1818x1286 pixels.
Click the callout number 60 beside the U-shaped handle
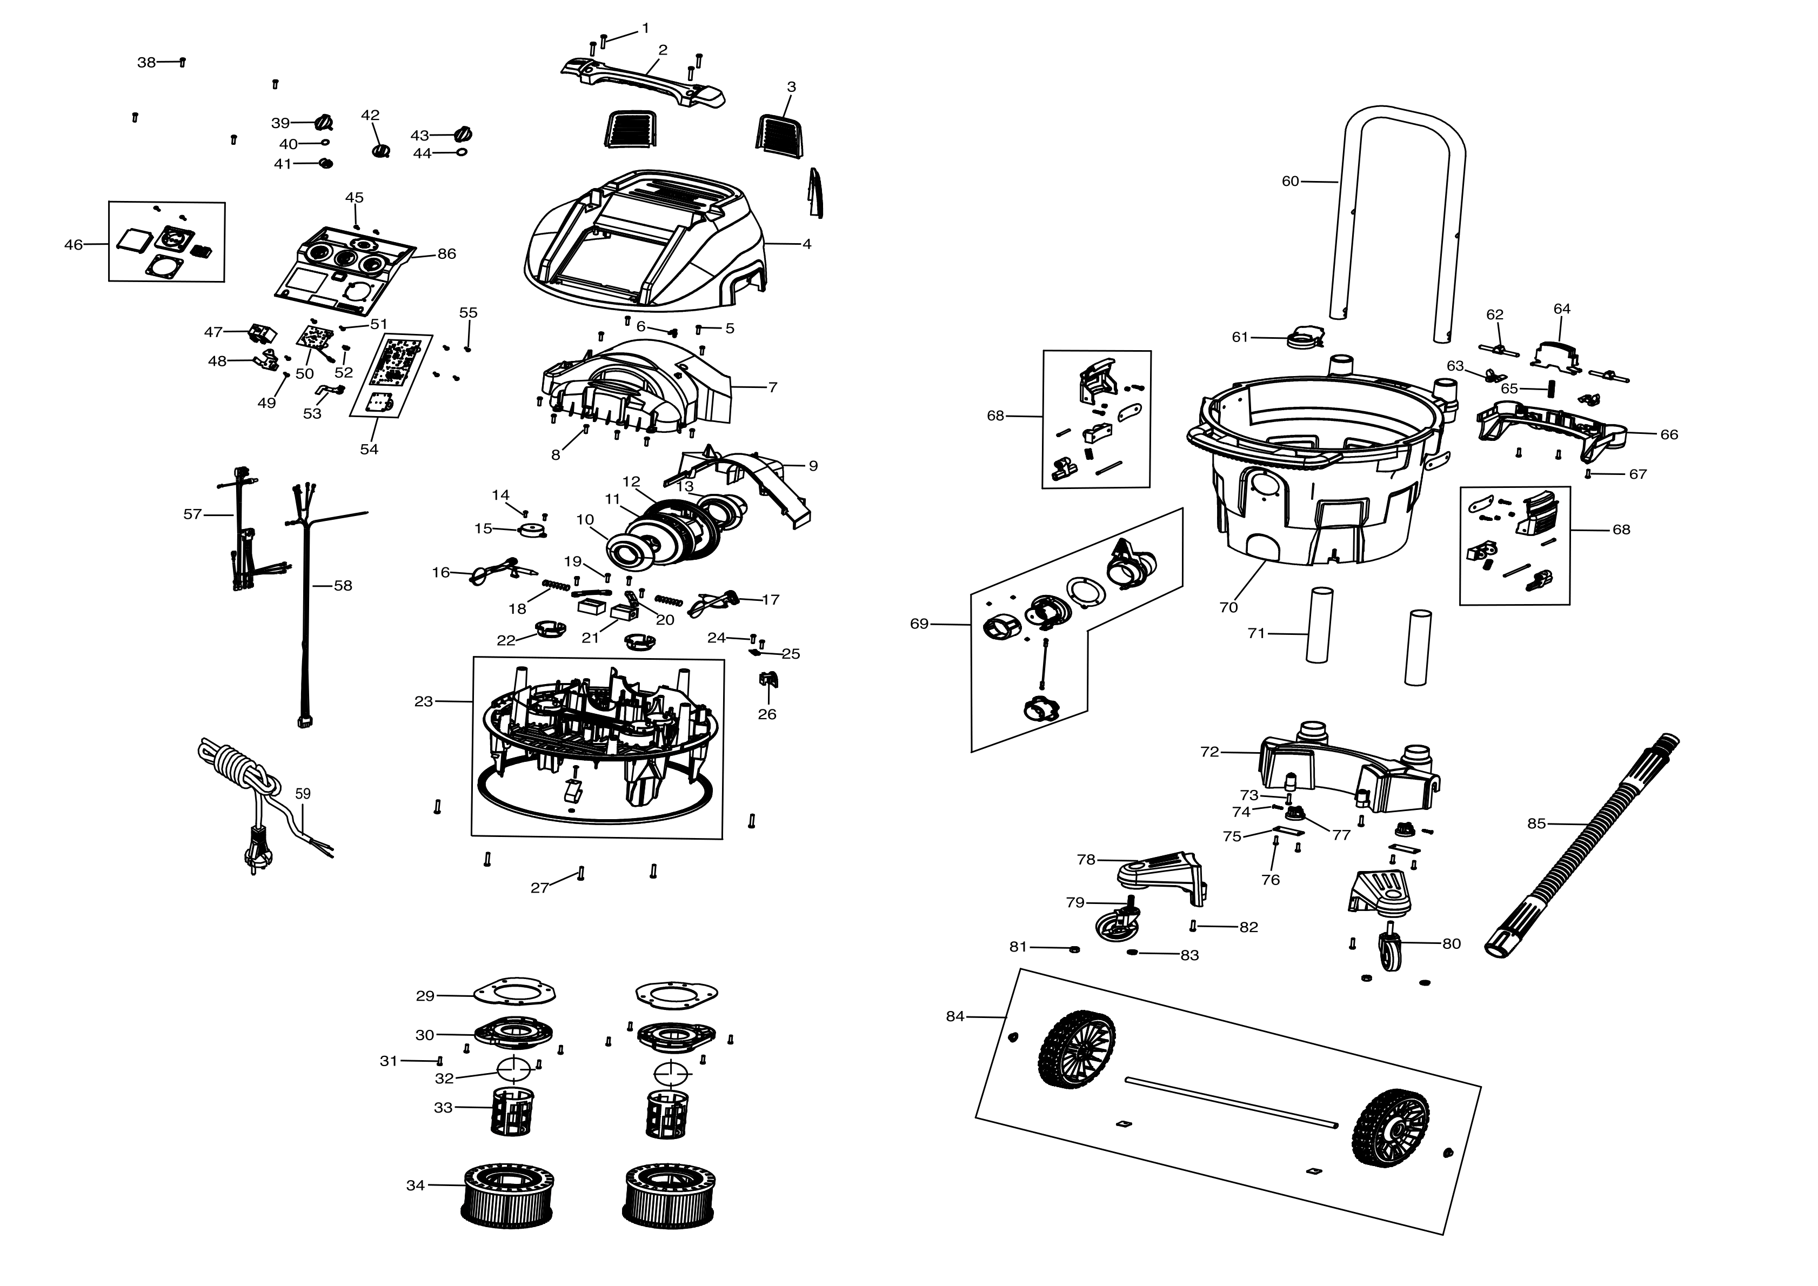coord(1290,182)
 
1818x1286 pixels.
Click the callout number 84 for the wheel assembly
coord(955,1016)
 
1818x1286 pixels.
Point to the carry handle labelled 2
coord(643,82)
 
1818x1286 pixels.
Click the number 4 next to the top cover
coord(807,244)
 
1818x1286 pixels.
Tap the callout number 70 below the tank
coord(1228,607)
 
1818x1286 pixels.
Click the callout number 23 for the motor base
coord(424,701)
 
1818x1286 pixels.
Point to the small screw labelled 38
coord(183,62)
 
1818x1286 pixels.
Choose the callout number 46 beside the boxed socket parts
coord(73,245)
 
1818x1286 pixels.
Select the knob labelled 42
coord(382,150)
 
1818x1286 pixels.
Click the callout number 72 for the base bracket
coord(1210,752)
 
